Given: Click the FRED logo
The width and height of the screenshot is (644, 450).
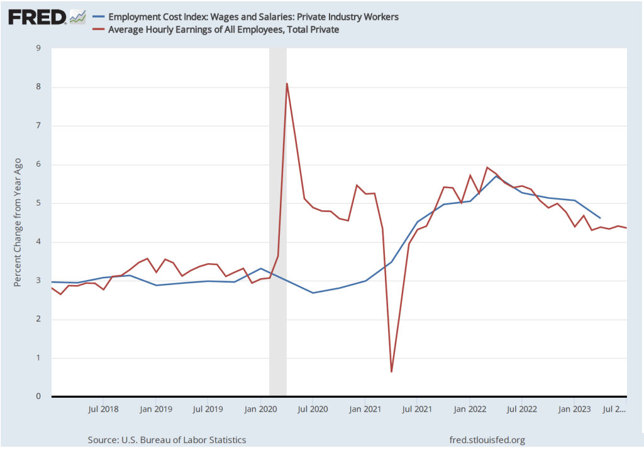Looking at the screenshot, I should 37,17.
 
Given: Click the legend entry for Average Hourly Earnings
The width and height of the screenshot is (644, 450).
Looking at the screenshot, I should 224,30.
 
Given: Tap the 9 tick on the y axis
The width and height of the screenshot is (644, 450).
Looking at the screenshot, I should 39,48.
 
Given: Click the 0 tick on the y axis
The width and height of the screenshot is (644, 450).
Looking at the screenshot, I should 39,397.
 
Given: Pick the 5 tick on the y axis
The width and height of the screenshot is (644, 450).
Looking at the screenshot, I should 39,203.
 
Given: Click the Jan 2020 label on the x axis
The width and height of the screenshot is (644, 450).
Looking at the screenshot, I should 260,409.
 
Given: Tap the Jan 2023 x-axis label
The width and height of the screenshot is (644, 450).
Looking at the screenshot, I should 574,409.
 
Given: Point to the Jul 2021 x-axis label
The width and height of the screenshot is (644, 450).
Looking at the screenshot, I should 417,409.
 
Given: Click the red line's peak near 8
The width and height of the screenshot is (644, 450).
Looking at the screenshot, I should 287,83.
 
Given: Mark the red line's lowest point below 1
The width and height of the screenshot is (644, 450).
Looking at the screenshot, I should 391,372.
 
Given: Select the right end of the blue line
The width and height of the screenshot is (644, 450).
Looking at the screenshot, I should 600,218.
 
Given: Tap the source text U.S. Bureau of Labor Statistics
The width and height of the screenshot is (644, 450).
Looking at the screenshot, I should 167,440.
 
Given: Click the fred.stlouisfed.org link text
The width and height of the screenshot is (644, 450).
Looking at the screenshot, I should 487,440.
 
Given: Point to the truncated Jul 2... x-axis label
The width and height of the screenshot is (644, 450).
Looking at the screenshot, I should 614,409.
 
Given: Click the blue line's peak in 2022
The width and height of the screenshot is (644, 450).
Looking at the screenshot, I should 496,176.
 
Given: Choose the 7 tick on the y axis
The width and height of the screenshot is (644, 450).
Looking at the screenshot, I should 39,126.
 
